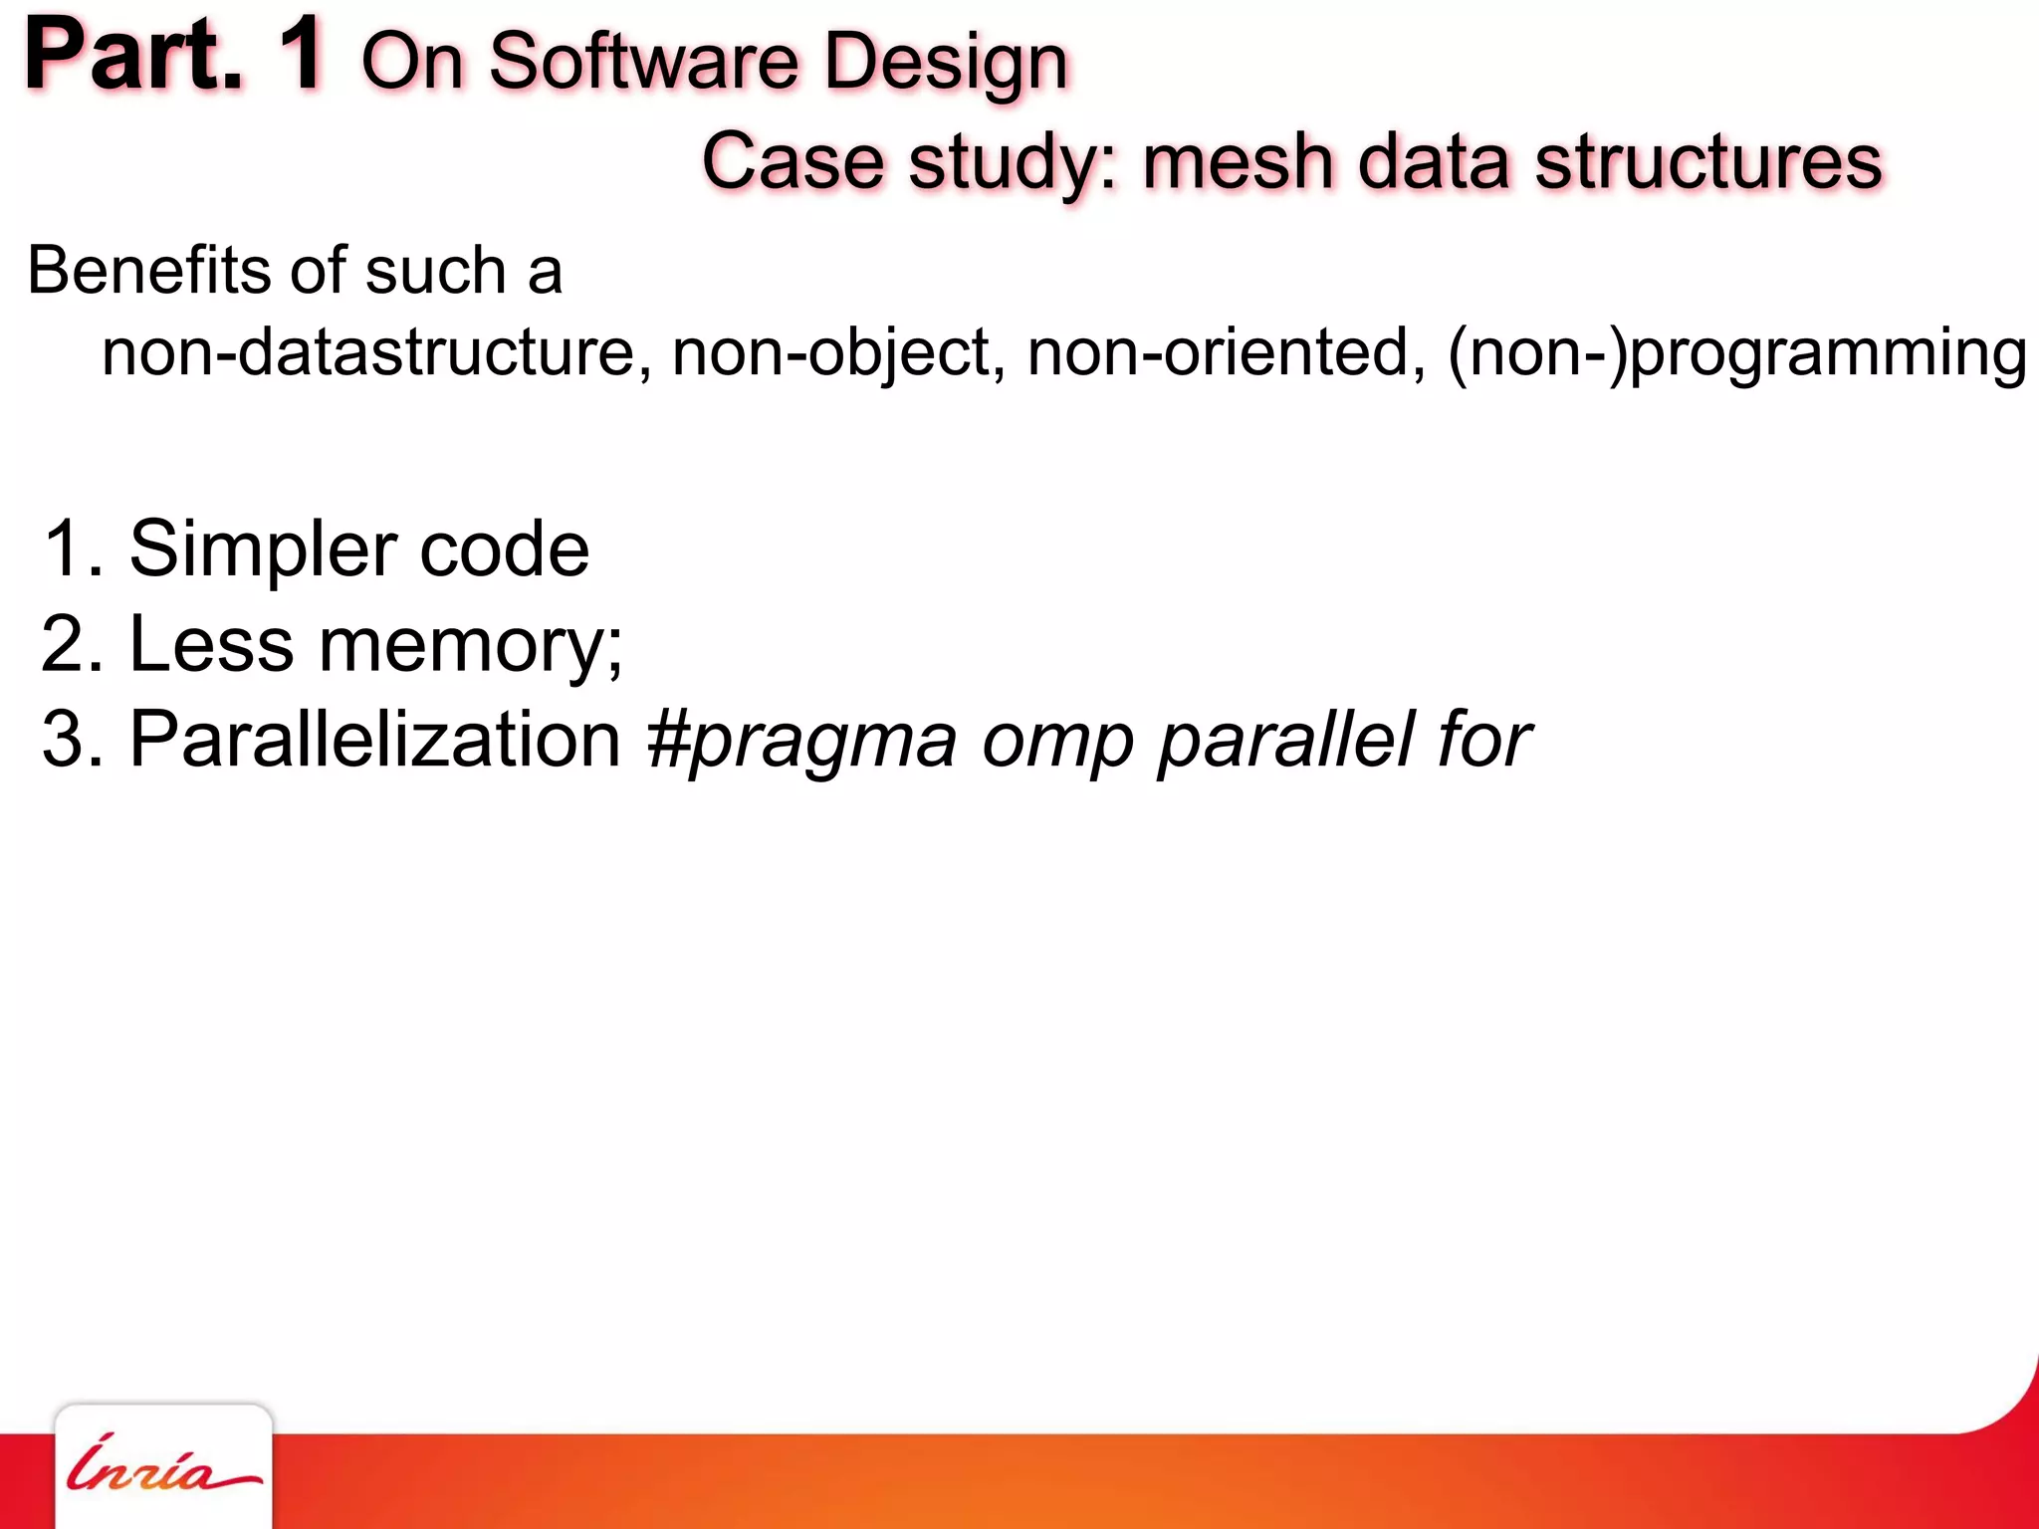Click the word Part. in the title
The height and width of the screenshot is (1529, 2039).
[x=133, y=56]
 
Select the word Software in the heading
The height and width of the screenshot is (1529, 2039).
[x=643, y=62]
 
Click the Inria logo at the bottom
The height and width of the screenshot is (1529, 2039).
[x=163, y=1467]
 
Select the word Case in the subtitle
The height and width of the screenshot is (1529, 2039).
[x=793, y=161]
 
